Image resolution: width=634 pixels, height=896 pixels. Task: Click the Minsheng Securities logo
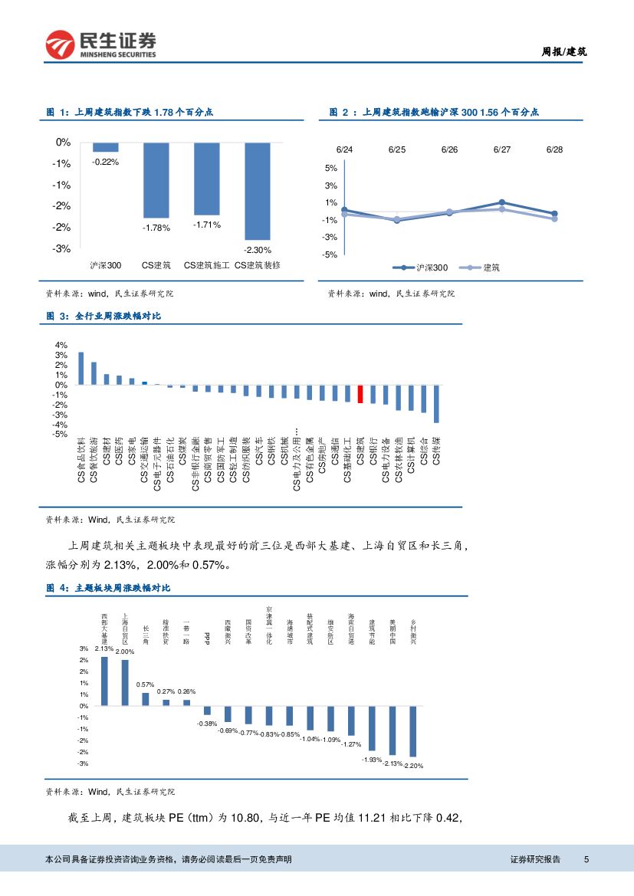tap(100, 44)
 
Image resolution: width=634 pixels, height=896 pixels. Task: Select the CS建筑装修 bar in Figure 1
tap(258, 191)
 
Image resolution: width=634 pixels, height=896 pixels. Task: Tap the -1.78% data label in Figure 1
tap(156, 227)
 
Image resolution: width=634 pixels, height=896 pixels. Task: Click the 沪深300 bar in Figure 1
tap(106, 147)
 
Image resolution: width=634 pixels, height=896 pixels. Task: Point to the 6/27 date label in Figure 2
tap(501, 150)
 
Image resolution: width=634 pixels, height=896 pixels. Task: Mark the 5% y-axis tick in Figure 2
tap(330, 169)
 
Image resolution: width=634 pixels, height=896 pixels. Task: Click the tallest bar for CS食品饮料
tap(80, 368)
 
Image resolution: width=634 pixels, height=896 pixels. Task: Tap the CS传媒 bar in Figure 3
tap(436, 403)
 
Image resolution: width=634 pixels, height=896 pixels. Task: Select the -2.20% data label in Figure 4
tap(414, 766)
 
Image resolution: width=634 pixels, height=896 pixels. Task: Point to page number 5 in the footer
tap(586, 859)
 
